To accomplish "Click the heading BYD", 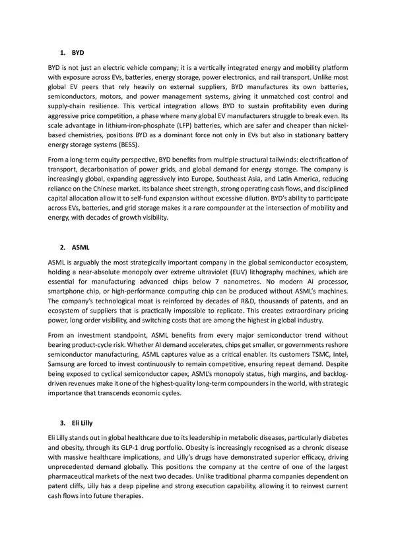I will (x=78, y=51).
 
